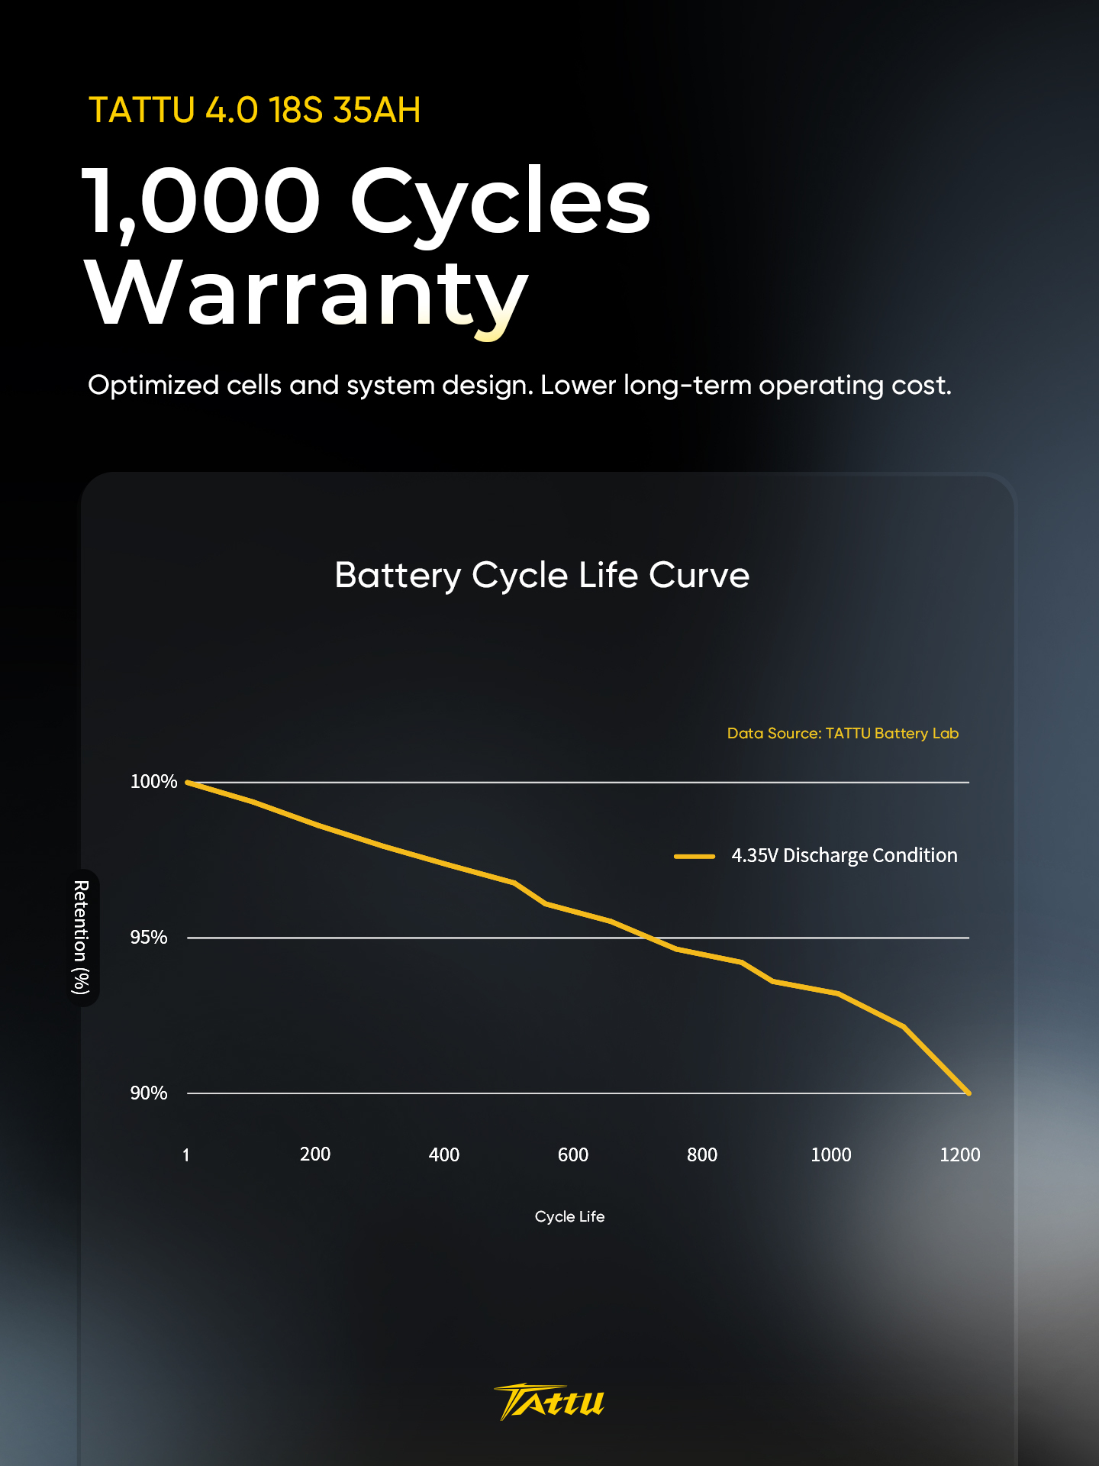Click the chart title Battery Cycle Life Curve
542,576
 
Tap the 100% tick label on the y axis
153,782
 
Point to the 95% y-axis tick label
149,938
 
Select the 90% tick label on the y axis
149,1093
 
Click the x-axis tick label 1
186,1155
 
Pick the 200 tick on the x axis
315,1154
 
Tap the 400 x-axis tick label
444,1154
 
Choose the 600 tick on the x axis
573,1154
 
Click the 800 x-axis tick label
702,1154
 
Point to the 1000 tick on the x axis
831,1154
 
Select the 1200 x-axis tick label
960,1154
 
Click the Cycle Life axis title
569,1217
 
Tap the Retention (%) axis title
81,937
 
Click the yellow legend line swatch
695,857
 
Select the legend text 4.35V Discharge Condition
844,856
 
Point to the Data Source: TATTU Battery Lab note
843,734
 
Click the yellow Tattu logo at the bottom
549,1402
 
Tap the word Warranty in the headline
306,295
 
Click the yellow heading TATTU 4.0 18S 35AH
255,110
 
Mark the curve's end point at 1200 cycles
968,1093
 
